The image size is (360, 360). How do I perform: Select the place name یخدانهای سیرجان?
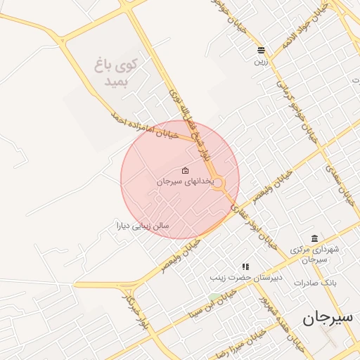[x=184, y=181]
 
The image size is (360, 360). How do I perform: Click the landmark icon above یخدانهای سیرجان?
[x=185, y=170]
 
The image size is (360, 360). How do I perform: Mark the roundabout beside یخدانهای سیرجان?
[x=218, y=184]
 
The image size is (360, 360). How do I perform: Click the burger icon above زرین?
[x=262, y=50]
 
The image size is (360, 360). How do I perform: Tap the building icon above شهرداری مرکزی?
[x=314, y=238]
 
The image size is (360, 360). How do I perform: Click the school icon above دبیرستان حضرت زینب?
[x=245, y=267]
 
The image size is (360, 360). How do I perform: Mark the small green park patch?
[x=213, y=298]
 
